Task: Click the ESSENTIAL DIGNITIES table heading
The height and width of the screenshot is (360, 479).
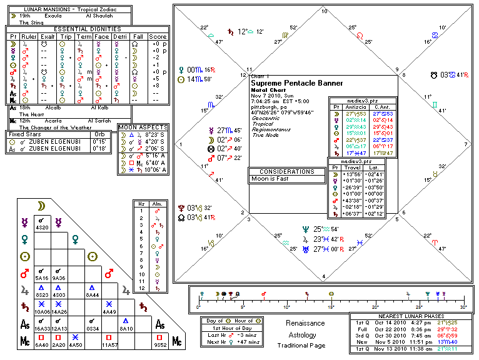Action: click(88, 29)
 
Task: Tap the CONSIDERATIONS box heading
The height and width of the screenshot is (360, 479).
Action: click(286, 171)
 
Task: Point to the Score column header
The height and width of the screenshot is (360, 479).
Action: click(158, 36)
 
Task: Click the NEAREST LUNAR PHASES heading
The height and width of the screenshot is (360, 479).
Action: click(411, 316)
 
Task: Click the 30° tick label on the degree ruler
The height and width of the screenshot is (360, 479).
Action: click(463, 307)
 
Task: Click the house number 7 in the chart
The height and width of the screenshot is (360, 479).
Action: click(466, 144)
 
